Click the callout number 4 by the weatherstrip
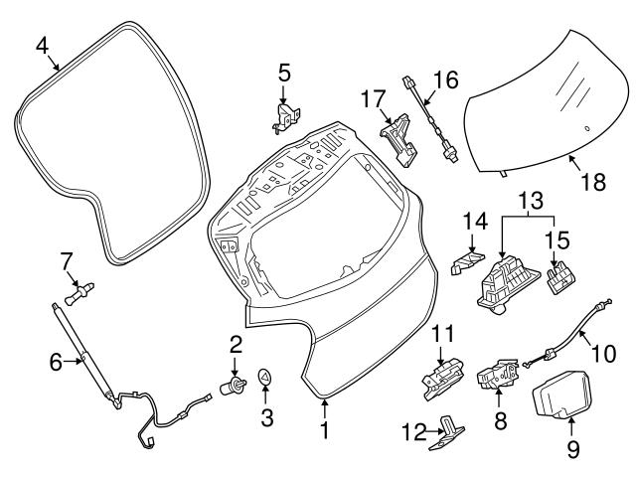42,45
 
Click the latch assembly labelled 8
498,379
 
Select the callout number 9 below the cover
573,449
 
